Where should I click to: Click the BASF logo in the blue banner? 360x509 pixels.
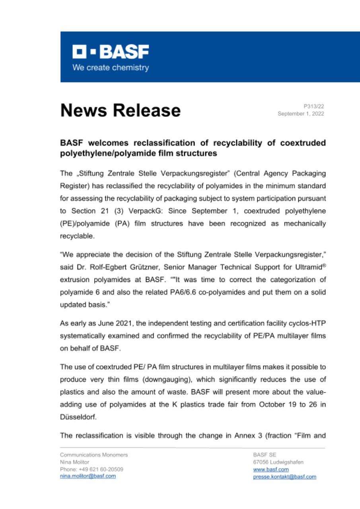(110, 52)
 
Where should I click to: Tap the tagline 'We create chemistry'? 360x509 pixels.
(110, 68)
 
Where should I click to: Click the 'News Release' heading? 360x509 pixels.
(120, 110)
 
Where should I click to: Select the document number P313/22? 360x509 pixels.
(314, 106)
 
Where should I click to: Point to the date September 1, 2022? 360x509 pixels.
(301, 114)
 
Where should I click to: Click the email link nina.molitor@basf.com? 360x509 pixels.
(88, 476)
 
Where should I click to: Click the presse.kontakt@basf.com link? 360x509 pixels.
(284, 476)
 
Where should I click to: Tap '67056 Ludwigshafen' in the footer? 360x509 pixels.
(278, 462)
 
